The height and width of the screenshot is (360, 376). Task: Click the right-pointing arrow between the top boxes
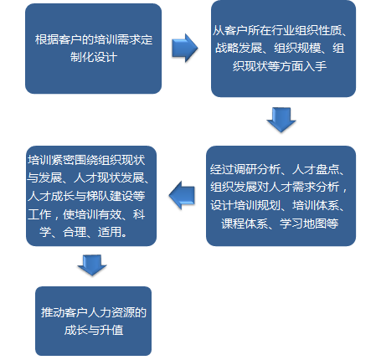point(184,48)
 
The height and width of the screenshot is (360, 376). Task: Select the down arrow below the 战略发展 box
point(281,120)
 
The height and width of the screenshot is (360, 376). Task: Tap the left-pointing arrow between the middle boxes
point(182,195)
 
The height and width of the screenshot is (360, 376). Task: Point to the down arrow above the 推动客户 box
point(92,265)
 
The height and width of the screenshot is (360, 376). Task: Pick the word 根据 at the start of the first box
point(47,39)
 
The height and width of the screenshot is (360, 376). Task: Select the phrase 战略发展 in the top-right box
point(239,48)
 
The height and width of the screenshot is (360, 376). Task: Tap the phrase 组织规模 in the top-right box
point(297,48)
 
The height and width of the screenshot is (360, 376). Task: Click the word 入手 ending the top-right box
point(315,66)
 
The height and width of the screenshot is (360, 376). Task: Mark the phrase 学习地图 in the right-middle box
point(303,224)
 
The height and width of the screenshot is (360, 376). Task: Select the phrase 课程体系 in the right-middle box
point(245,224)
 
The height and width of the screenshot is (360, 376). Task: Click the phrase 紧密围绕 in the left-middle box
point(75,160)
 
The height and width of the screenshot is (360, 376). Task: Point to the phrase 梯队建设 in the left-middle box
point(110,196)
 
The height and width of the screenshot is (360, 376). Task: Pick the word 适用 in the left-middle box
point(110,232)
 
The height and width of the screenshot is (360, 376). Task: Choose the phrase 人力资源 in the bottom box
point(111,312)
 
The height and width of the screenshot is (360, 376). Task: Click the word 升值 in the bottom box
point(111,330)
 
